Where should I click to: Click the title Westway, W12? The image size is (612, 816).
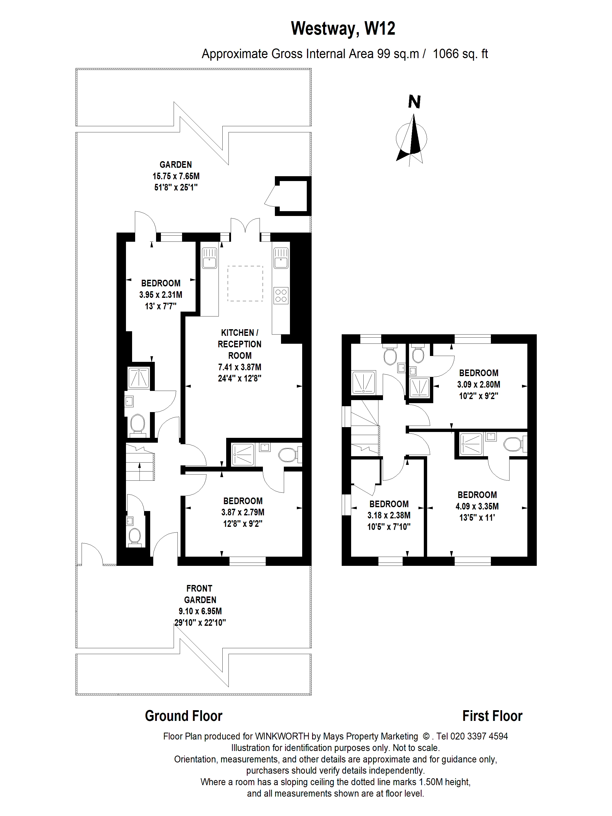(343, 28)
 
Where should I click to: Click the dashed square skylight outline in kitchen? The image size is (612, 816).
(245, 283)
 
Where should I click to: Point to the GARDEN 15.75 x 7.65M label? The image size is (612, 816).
(176, 176)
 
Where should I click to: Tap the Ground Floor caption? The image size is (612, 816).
(183, 716)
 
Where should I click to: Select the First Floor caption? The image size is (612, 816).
(492, 716)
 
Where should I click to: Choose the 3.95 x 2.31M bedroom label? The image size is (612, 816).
(160, 294)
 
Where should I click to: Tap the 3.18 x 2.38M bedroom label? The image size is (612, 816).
(389, 515)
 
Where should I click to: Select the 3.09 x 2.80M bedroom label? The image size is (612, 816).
(478, 384)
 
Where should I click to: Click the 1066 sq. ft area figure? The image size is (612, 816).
(460, 54)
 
